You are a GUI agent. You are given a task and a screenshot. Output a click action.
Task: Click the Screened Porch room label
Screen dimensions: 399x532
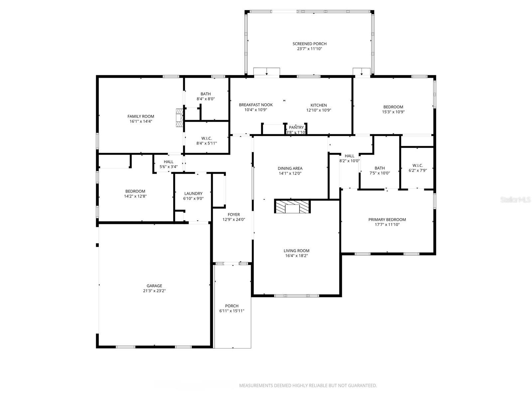click(309, 44)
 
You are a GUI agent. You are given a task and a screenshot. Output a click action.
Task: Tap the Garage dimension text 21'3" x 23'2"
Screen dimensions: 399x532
click(154, 291)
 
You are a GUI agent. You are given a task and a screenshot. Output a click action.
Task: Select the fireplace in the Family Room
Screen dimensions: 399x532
click(180, 117)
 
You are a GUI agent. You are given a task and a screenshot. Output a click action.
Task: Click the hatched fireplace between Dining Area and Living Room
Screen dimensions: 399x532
click(292, 206)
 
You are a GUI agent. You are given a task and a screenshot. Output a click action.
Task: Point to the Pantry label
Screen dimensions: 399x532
click(296, 127)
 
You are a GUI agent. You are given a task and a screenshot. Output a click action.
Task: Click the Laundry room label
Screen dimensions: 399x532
click(193, 194)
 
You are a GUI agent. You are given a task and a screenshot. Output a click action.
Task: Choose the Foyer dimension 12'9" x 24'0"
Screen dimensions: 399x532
click(233, 219)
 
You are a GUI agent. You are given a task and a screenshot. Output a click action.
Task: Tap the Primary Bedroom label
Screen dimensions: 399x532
click(387, 219)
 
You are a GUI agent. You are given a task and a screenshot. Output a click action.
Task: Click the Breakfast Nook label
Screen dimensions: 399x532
click(256, 105)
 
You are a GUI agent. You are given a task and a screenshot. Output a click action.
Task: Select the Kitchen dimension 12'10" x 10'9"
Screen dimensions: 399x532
click(319, 110)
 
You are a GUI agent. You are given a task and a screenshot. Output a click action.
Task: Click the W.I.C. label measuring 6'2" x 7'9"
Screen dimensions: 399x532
click(418, 165)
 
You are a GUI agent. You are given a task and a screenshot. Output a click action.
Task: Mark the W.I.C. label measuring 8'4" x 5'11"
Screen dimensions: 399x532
click(206, 138)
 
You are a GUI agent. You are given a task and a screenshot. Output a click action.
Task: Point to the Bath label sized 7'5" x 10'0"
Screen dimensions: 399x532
click(379, 168)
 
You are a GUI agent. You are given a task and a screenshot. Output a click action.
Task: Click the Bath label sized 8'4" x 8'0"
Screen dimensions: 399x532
click(205, 94)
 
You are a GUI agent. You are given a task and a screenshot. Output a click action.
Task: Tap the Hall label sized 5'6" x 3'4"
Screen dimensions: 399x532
click(169, 162)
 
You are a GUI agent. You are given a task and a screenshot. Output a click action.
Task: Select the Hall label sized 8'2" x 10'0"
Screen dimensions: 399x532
click(349, 156)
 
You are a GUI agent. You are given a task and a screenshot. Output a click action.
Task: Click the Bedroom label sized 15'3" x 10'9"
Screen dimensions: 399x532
click(393, 107)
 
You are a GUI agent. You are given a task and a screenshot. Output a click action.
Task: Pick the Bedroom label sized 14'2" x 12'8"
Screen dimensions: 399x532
click(135, 191)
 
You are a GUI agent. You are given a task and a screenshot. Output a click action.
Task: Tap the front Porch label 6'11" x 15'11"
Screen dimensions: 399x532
click(232, 306)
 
